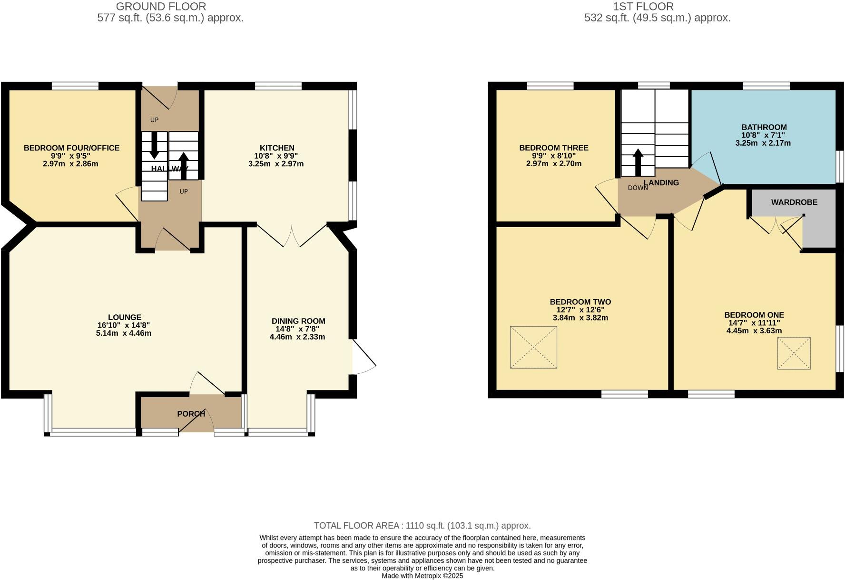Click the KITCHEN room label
pos(276,148)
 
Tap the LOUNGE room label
pos(124,317)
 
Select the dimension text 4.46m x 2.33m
pos(297,337)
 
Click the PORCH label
pos(191,414)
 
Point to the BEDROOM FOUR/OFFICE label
pos(71,148)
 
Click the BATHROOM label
pos(764,127)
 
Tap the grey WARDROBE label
pos(794,202)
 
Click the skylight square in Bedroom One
pos(793,353)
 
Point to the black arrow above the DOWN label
pos(637,162)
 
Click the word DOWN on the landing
pos(638,188)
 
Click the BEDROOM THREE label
pos(553,148)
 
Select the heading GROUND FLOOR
pos(161,7)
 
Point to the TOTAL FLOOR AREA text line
pos(422,526)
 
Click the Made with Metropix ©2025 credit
pos(422,576)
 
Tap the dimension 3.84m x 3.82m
pos(580,318)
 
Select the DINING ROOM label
pos(298,321)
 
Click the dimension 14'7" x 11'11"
pos(754,322)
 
